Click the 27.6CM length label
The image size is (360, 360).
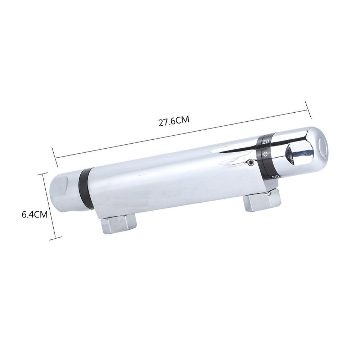pyautogui.click(x=174, y=121)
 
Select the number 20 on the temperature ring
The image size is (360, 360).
pyautogui.click(x=265, y=142)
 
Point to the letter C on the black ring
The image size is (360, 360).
pyautogui.click(x=265, y=154)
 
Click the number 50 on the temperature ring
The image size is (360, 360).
pyautogui.click(x=275, y=176)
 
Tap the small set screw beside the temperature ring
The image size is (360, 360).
pyautogui.click(x=249, y=163)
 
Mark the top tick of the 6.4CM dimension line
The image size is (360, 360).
pyautogui.click(x=42, y=174)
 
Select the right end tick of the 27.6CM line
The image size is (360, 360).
pyautogui.click(x=308, y=109)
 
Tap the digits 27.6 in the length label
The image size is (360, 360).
pyautogui.click(x=167, y=121)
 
